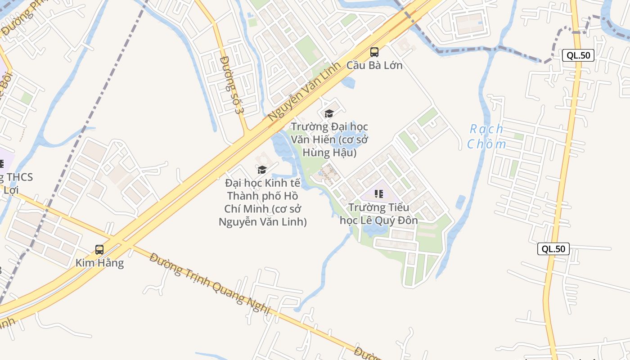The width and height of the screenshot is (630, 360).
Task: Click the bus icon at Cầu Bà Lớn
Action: pyautogui.click(x=374, y=52)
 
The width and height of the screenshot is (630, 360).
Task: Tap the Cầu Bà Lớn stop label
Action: pyautogui.click(x=374, y=65)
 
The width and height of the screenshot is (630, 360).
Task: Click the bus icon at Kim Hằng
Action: pyautogui.click(x=99, y=249)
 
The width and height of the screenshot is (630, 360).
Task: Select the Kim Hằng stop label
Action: pyautogui.click(x=99, y=263)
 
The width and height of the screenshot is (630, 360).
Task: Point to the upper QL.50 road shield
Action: pyautogui.click(x=578, y=55)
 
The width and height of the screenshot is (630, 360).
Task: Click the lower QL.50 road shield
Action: pyautogui.click(x=553, y=249)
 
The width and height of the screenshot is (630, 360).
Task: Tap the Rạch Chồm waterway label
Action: pyautogui.click(x=486, y=136)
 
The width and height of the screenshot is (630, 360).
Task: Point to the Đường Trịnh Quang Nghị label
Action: pyautogui.click(x=210, y=283)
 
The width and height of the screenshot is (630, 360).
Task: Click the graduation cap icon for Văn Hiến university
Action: pyautogui.click(x=329, y=113)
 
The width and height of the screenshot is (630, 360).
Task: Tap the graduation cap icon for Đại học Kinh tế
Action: pyautogui.click(x=262, y=170)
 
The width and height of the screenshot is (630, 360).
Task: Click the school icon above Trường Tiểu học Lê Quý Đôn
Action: pyautogui.click(x=379, y=194)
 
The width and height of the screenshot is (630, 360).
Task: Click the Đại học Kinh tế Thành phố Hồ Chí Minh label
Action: pyautogui.click(x=263, y=202)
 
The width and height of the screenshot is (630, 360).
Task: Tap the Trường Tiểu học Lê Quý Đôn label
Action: pyautogui.click(x=379, y=214)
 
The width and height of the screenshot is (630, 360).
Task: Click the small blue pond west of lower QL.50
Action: pyautogui.click(x=460, y=202)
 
